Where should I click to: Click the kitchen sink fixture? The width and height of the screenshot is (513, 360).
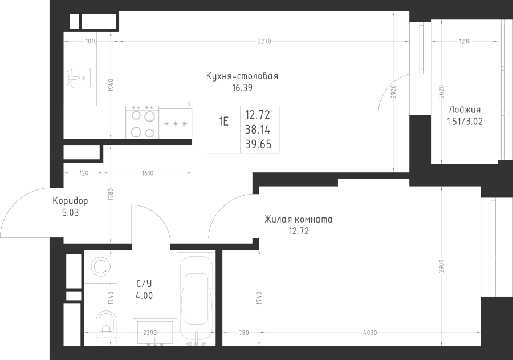coord(79,78)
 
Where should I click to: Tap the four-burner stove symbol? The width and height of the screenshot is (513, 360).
coord(142,122)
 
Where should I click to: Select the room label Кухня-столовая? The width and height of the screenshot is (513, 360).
coord(242,76)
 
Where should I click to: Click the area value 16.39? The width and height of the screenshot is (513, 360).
coord(242,88)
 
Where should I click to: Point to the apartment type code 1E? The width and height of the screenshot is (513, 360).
coord(224,122)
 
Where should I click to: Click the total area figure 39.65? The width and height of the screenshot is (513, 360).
coord(258,144)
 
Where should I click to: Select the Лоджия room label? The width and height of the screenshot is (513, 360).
coord(465,110)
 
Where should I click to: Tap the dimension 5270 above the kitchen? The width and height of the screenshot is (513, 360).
coord(264,41)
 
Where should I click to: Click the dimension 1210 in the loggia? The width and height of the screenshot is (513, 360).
coord(465,41)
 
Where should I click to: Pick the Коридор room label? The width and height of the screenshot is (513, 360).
coord(70,200)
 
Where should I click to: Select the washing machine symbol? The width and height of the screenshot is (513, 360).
coord(100,267)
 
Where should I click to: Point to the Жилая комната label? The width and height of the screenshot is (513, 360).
coord(298,219)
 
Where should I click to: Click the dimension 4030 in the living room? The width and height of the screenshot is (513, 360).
coord(370,333)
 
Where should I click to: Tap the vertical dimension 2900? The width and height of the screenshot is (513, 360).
coord(441,266)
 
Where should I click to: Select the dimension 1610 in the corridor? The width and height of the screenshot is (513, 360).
coord(148,173)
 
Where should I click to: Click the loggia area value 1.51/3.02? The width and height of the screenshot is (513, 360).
coord(465,122)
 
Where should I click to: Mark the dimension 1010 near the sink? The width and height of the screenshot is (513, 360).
coord(91,41)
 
